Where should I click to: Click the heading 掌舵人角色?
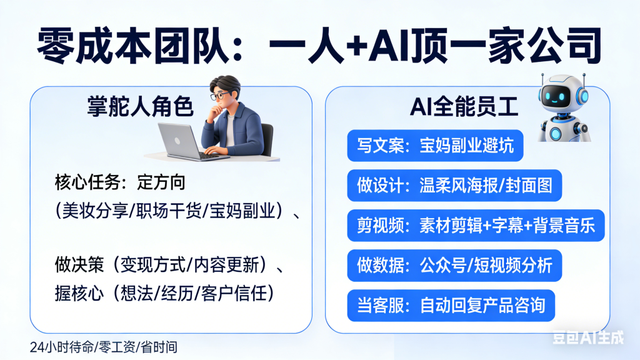tap(139, 107)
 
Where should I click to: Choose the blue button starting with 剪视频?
tap(476, 226)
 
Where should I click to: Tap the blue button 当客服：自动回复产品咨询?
tap(451, 305)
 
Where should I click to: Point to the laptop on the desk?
tap(181, 141)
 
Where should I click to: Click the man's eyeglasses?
tap(220, 96)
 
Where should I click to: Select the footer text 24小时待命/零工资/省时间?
tap(98, 346)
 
